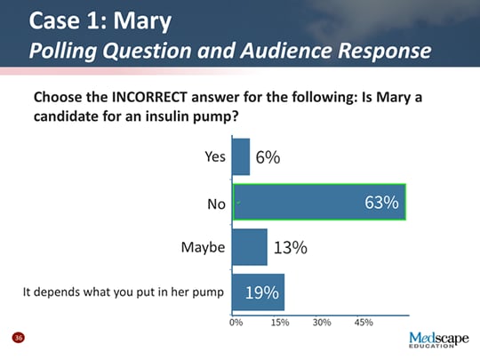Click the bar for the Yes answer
241,156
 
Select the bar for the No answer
319,203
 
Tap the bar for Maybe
250,247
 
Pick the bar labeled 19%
258,292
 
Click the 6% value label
268,157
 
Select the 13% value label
290,248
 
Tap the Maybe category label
204,248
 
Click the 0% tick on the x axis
236,323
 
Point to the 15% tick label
279,323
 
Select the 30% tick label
322,323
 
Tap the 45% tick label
364,323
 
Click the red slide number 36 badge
17,338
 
